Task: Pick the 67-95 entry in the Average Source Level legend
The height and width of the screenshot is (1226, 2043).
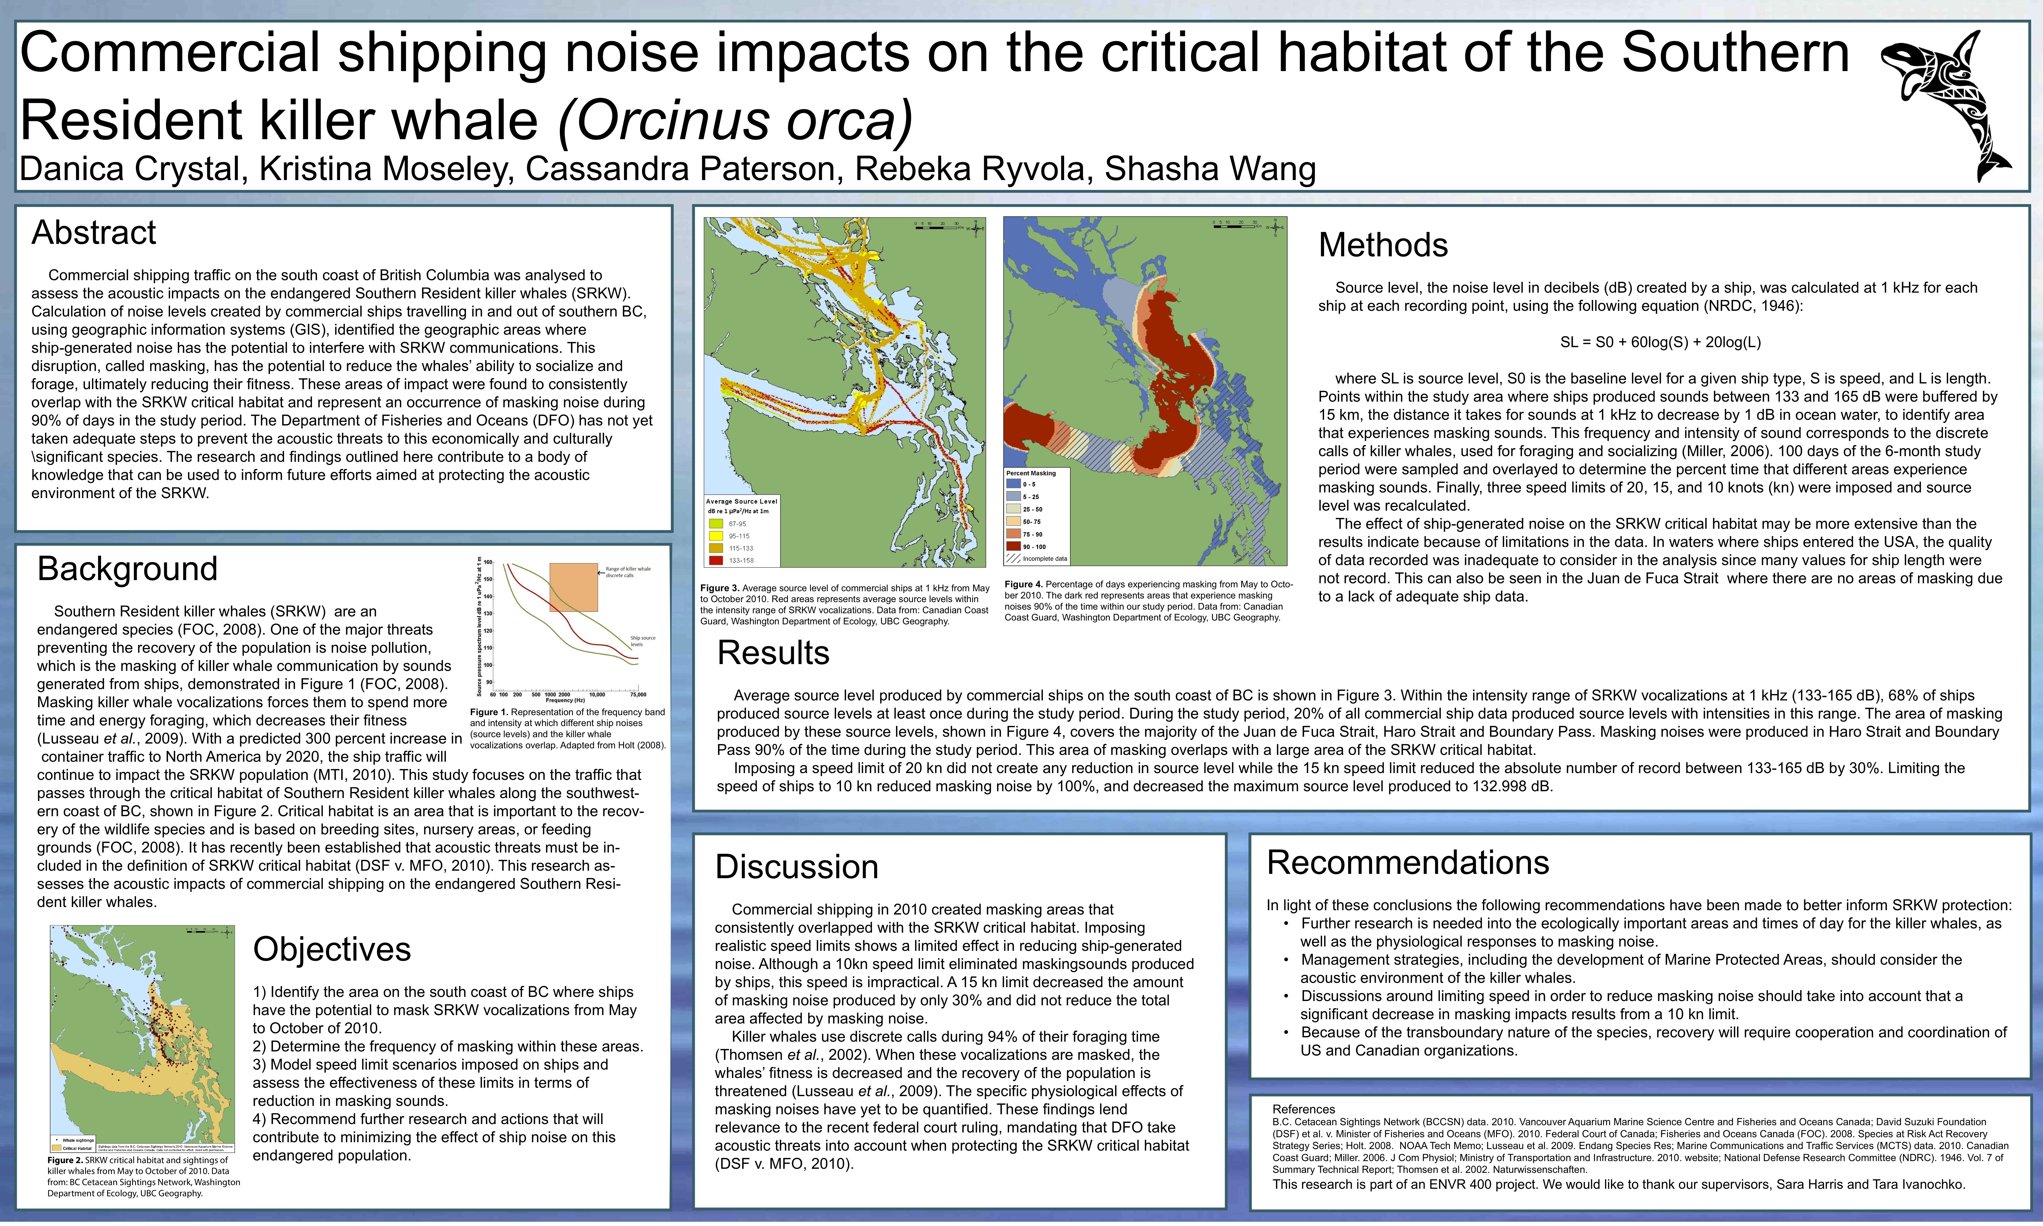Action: click(x=727, y=524)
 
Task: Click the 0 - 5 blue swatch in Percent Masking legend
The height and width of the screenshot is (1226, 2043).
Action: click(x=1013, y=484)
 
